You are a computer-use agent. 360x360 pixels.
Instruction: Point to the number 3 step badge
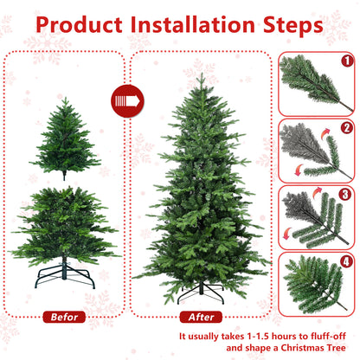(344, 195)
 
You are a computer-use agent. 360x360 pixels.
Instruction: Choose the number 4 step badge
(344, 260)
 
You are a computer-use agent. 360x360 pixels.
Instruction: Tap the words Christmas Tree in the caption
(306, 350)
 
